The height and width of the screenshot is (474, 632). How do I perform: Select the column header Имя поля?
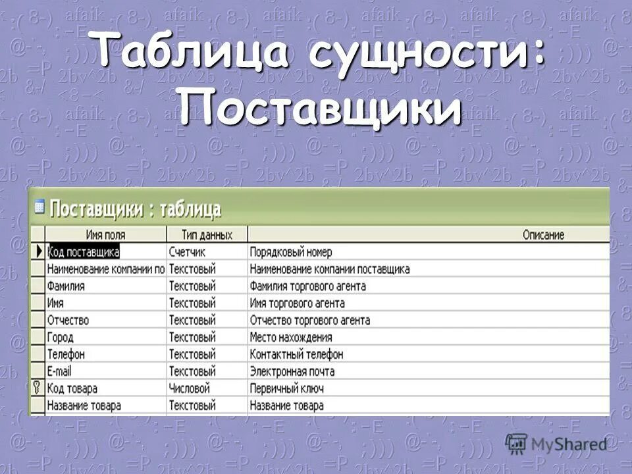click(105, 234)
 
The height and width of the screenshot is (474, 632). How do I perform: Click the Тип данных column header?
click(207, 234)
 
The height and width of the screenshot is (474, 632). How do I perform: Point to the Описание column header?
click(543, 234)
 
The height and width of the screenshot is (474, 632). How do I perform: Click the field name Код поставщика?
click(83, 251)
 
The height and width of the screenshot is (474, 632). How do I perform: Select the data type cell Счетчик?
click(187, 251)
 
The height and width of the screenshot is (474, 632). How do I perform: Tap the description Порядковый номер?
click(291, 251)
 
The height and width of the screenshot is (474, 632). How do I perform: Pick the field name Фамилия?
click(66, 286)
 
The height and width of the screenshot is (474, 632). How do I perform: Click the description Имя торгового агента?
click(297, 303)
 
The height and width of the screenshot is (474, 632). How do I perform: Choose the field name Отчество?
click(68, 320)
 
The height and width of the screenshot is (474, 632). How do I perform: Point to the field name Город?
click(61, 337)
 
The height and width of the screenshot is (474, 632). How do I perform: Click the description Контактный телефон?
click(296, 354)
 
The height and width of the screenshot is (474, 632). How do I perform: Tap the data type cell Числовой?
click(189, 388)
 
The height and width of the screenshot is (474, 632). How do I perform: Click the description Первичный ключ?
click(286, 388)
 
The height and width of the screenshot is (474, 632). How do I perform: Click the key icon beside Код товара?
click(37, 388)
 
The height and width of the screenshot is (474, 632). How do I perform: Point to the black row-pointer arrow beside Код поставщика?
click(39, 251)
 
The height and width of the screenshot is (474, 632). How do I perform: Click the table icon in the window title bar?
click(40, 208)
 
